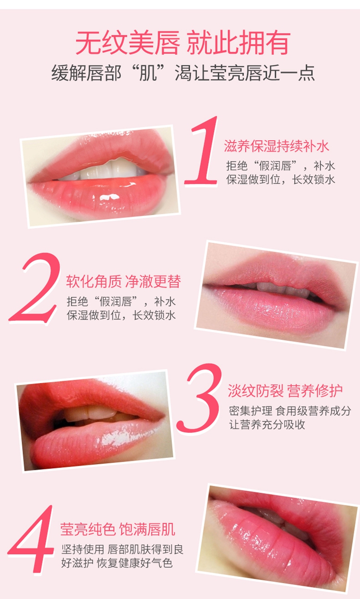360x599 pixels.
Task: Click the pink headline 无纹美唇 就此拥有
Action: pos(183,43)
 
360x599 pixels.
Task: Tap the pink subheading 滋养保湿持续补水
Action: pos(276,146)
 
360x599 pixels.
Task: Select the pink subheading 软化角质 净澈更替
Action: pos(123,281)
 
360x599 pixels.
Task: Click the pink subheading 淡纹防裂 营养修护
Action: pos(285,391)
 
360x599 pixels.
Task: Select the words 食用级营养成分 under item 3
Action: pos(313,411)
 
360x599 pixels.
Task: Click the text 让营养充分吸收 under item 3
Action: pos(267,425)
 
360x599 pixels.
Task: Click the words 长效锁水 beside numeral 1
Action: pos(313,180)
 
